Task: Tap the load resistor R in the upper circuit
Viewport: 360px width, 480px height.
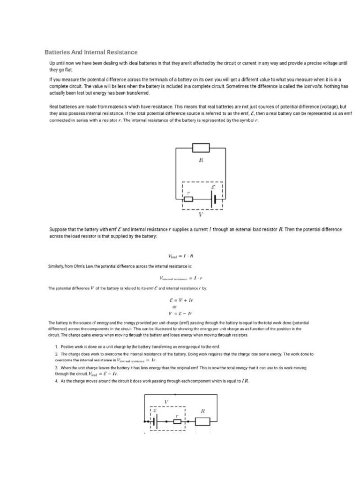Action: [x=201, y=148]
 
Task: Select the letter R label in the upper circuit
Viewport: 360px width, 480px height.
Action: [x=201, y=160]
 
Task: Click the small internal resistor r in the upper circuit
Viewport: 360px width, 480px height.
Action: [x=188, y=199]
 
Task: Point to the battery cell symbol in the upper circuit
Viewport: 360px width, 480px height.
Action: [x=215, y=199]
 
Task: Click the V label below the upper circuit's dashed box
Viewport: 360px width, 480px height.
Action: [x=201, y=215]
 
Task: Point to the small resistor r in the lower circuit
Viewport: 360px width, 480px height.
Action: [x=177, y=421]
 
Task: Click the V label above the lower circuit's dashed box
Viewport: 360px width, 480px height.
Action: [x=166, y=402]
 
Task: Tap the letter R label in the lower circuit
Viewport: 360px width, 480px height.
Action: [x=202, y=411]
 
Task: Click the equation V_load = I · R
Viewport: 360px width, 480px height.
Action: [x=180, y=256]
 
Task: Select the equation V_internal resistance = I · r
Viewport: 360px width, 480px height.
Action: [x=180, y=278]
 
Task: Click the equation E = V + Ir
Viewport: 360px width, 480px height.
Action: [x=180, y=300]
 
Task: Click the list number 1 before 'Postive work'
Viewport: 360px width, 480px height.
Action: [x=56, y=346]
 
